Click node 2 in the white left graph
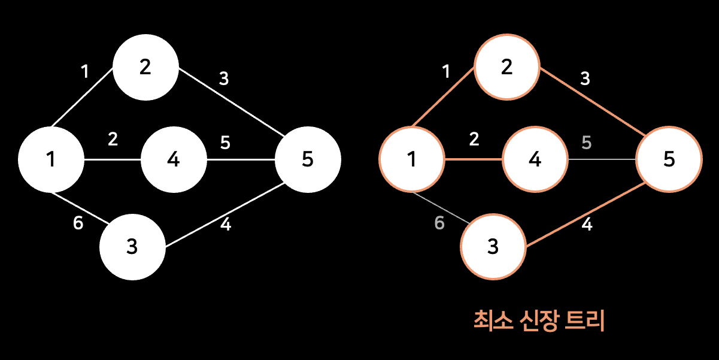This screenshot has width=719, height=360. pyautogui.click(x=145, y=66)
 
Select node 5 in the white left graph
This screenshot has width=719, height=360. pyautogui.click(x=308, y=159)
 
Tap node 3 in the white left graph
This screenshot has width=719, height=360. pyautogui.click(x=132, y=247)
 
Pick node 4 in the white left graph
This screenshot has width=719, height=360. pyautogui.click(x=174, y=160)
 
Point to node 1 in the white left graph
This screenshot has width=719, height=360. pyautogui.click(x=51, y=159)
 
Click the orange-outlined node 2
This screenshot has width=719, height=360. pyautogui.click(x=507, y=66)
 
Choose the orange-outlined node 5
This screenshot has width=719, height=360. pyautogui.click(x=669, y=159)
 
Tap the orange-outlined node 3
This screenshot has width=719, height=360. pyautogui.click(x=493, y=247)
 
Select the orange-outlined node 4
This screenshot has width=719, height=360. pyautogui.click(x=535, y=160)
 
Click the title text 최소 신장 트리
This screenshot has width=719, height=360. pyautogui.click(x=539, y=321)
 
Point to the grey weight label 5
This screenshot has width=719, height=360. pyautogui.click(x=586, y=143)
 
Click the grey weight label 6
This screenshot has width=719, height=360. pyautogui.click(x=439, y=223)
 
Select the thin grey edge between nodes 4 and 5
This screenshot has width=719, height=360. pyautogui.click(x=601, y=160)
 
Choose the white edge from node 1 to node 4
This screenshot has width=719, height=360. pyautogui.click(x=112, y=160)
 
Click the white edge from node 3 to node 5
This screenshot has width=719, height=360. pyautogui.click(x=225, y=216)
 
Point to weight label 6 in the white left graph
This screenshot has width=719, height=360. pyautogui.click(x=78, y=223)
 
